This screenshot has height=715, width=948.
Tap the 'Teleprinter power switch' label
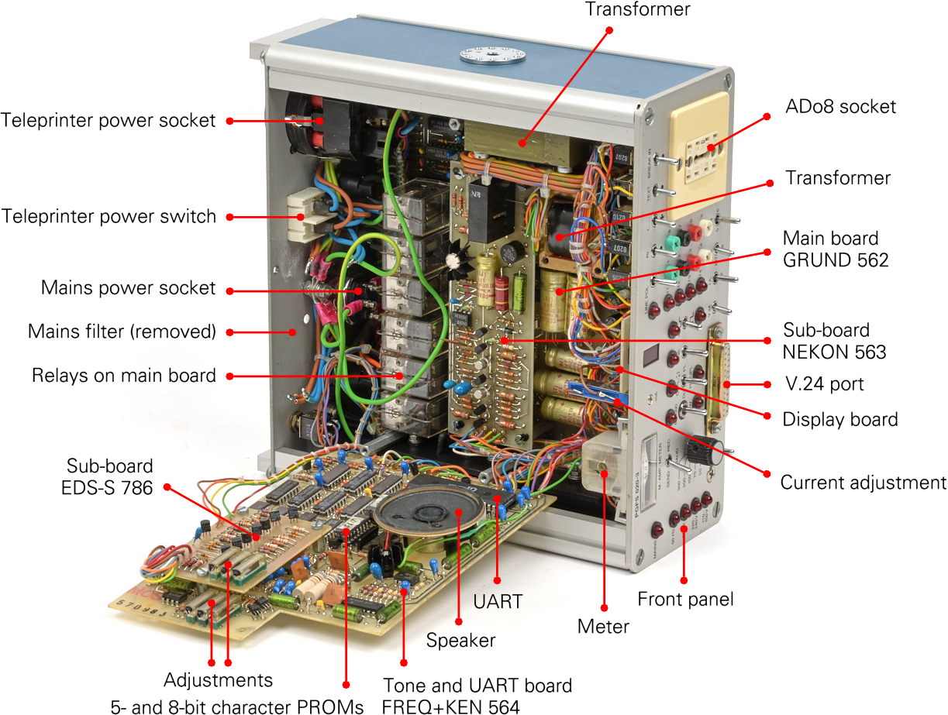(x=109, y=216)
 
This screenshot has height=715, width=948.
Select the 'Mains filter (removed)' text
(x=122, y=332)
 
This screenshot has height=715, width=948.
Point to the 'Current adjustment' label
(x=863, y=483)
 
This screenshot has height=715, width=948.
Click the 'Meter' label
(x=603, y=626)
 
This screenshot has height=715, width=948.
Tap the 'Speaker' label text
(x=460, y=641)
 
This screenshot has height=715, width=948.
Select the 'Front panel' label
(x=685, y=599)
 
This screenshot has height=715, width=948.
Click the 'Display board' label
(x=840, y=419)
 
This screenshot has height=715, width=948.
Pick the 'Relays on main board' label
(x=124, y=376)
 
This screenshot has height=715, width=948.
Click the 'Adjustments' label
(x=219, y=680)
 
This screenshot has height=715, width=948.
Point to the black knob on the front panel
(x=708, y=448)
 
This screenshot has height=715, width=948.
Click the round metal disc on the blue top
(x=488, y=53)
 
